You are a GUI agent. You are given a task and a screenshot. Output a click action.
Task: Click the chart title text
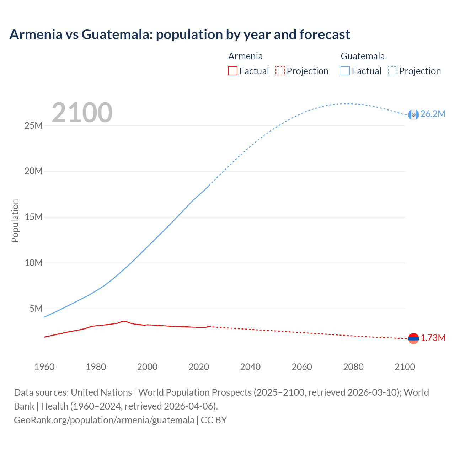coord(180,34)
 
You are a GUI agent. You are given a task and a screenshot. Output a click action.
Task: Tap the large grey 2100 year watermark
coord(82,113)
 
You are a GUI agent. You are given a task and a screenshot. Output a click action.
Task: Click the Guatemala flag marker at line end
coord(413,114)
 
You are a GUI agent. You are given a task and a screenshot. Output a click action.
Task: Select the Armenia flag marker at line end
coord(413,338)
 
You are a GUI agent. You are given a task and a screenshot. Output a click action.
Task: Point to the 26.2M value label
coord(433,114)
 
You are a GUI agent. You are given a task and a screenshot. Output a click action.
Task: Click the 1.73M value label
coord(433,338)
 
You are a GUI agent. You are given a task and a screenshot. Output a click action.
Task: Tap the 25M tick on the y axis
coord(33,126)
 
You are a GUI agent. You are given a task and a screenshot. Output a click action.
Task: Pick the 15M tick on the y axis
coord(33,217)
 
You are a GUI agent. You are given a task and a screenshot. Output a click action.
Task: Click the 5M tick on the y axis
coord(36,309)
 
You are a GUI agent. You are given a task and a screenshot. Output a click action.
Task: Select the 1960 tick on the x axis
coord(44,367)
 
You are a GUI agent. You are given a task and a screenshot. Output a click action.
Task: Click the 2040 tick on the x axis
coord(250,367)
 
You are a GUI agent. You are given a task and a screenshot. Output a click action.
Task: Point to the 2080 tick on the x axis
coord(353,367)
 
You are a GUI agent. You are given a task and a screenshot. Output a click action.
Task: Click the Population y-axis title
coord(15,221)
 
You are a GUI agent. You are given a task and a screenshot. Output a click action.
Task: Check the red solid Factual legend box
coord(232,71)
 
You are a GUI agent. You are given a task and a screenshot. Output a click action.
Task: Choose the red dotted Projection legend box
coord(280,71)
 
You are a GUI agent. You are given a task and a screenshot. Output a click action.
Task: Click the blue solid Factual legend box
coord(345,71)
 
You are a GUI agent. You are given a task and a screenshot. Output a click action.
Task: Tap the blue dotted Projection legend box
coord(393,71)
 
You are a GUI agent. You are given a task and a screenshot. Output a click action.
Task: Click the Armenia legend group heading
coord(245,56)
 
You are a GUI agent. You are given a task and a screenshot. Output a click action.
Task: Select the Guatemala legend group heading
coord(363,56)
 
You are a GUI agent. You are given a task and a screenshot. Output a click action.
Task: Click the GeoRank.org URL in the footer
coord(104,420)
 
